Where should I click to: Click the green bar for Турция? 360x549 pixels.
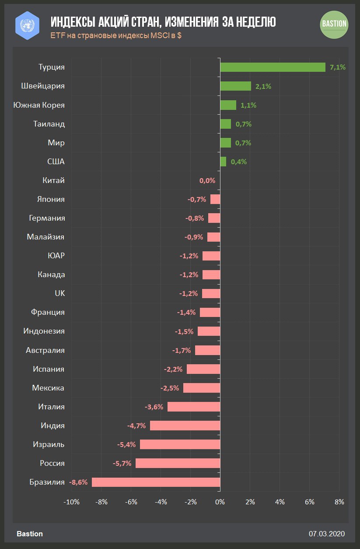273,67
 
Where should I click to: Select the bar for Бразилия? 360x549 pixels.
156,482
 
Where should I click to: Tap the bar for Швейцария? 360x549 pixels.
235,86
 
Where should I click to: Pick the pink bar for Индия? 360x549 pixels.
185,426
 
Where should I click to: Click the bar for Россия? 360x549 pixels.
178,463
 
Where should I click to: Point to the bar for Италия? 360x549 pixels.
194,407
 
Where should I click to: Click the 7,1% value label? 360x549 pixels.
338,67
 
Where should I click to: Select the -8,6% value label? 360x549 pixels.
78,482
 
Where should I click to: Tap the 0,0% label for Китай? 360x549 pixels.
207,180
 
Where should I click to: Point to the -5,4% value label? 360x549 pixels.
127,444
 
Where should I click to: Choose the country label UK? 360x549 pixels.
59,293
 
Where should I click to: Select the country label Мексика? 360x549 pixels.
48,388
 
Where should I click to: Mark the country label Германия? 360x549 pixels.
47,218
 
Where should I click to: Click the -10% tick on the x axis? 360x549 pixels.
71,502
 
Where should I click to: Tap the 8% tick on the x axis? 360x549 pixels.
339,502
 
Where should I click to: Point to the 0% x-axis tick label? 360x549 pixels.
220,502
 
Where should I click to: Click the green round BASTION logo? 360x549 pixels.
335,24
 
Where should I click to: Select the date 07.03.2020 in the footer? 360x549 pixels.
327,534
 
